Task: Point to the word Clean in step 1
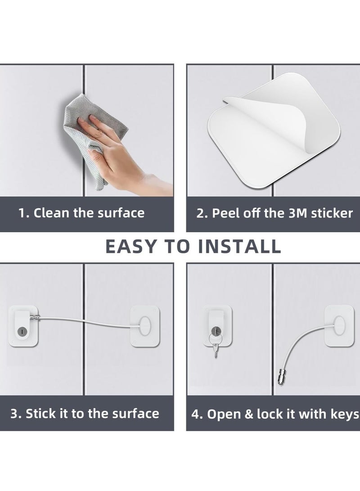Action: click(52, 213)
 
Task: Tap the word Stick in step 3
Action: click(40, 414)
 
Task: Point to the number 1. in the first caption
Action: click(24, 213)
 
